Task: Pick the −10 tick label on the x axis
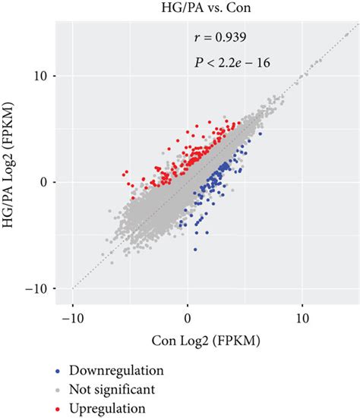tap(72, 318)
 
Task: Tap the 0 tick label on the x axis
tap(188, 318)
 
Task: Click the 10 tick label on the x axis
tap(302, 318)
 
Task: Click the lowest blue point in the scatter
tap(195, 249)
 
